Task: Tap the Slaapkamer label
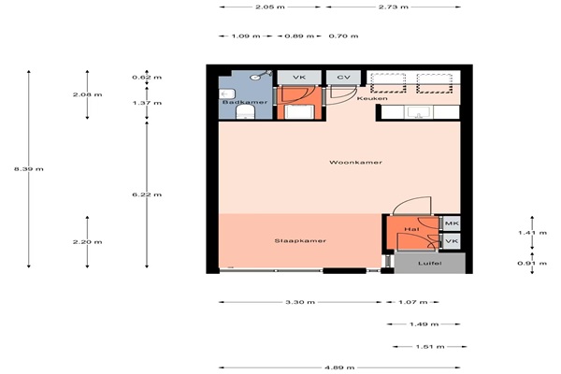click(300, 240)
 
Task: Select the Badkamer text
click(245, 102)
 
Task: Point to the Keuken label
click(372, 98)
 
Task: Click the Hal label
click(411, 229)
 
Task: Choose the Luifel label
click(430, 263)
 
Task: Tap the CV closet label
click(343, 78)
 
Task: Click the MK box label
click(452, 223)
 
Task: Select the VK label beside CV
click(299, 78)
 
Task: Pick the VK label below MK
click(452, 241)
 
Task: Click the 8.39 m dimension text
click(29, 169)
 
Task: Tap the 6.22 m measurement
click(147, 194)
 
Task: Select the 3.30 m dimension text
click(300, 302)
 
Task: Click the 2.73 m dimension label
click(394, 7)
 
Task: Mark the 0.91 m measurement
click(532, 264)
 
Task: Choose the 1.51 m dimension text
click(430, 347)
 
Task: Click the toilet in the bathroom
click(245, 112)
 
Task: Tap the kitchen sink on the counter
click(419, 112)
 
